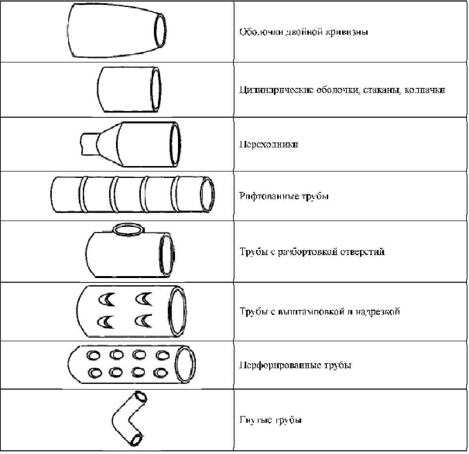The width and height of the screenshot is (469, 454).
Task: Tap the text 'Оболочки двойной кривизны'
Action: pos(303,33)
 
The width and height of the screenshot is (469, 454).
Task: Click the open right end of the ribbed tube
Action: pos(208,195)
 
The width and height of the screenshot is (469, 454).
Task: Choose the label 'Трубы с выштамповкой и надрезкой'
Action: pos(320,312)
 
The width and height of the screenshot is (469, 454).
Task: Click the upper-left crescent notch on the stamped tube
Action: pos(107,299)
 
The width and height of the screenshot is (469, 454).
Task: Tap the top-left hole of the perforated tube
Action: pos(94,355)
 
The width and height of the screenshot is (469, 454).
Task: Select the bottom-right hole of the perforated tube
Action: pos(160,373)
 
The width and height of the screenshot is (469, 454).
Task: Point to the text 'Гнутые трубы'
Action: pos(271,420)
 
